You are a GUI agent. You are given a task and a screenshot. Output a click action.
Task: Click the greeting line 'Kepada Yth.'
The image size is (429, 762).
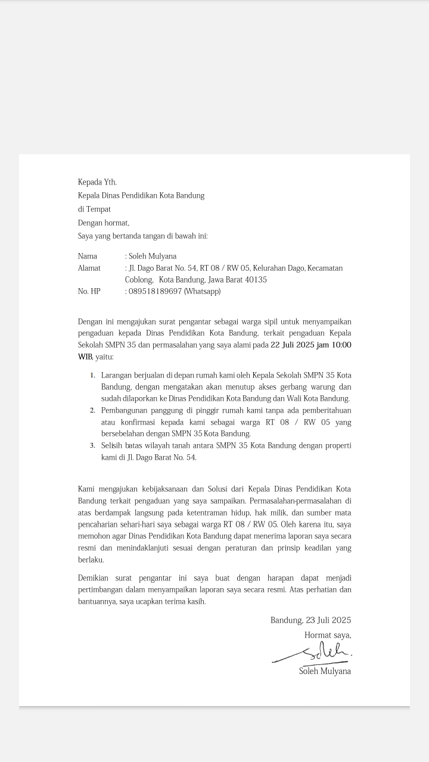pyautogui.click(x=97, y=182)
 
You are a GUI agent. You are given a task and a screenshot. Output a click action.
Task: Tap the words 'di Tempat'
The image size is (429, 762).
pyautogui.click(x=94, y=209)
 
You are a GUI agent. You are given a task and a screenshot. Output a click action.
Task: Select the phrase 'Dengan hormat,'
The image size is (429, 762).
pyautogui.click(x=104, y=223)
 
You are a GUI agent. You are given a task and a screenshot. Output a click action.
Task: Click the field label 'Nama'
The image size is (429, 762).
pyautogui.click(x=88, y=256)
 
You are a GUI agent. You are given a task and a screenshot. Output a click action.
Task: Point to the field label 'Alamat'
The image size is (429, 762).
pyautogui.click(x=89, y=268)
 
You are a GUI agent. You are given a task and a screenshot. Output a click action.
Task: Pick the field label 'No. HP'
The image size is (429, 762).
pyautogui.click(x=89, y=291)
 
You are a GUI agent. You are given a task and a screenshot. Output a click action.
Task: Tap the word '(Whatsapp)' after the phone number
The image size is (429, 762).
pyautogui.click(x=203, y=291)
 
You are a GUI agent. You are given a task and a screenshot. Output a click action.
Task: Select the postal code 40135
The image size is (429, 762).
pyautogui.click(x=255, y=279)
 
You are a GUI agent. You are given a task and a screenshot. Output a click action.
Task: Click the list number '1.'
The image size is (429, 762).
pyautogui.click(x=93, y=376)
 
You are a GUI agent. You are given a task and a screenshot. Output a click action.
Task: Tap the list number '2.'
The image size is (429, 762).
pyautogui.click(x=93, y=411)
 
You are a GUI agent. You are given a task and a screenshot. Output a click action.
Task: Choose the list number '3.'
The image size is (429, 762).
pyautogui.click(x=93, y=445)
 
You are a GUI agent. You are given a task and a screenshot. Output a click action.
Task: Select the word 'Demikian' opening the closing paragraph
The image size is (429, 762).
pyautogui.click(x=94, y=577)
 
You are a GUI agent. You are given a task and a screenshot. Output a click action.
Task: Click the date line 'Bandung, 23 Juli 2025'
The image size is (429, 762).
pyautogui.click(x=310, y=620)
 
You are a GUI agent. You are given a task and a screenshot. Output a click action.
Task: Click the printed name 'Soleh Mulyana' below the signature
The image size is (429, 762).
pyautogui.click(x=325, y=671)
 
